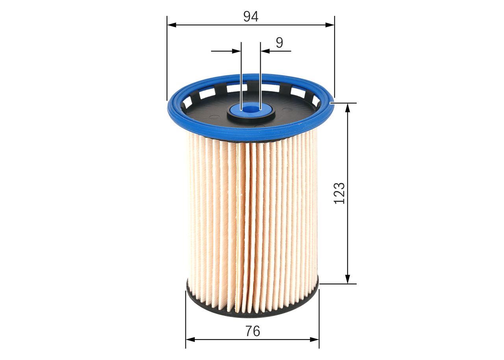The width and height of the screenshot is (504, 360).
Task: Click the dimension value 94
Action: click(250, 16)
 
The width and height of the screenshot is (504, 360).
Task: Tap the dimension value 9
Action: click(279, 43)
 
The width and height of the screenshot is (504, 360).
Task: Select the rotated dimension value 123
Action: click(339, 193)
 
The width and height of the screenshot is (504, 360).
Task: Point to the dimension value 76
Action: click(252, 331)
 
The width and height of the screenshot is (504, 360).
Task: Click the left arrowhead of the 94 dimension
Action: click(171, 25)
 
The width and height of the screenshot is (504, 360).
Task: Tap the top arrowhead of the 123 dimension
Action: click(347, 108)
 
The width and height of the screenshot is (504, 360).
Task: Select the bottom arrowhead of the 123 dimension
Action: click(347, 279)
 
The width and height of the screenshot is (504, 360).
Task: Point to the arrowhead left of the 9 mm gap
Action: click(237, 51)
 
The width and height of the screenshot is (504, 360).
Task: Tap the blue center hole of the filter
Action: click(250, 107)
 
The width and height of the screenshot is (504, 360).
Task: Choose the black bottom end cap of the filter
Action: click(252, 313)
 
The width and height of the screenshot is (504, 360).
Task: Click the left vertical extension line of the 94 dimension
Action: click(167, 59)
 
